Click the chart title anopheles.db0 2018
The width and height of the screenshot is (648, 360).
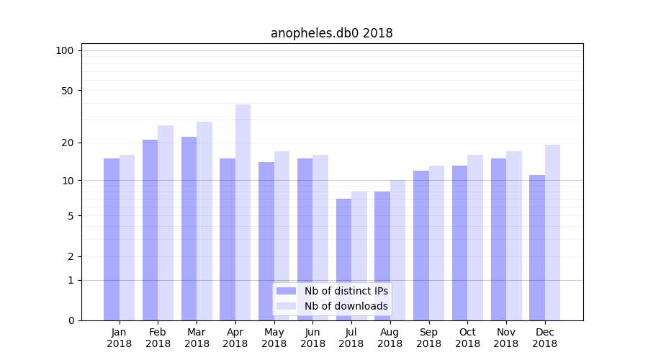tap(331, 33)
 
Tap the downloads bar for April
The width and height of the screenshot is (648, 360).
tap(243, 212)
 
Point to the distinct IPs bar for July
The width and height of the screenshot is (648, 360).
tap(343, 259)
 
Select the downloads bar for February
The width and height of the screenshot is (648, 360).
tap(166, 222)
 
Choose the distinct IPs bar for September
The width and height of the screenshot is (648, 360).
tap(421, 246)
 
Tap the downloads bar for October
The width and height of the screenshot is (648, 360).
tap(475, 238)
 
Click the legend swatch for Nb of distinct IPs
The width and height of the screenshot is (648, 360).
tap(287, 291)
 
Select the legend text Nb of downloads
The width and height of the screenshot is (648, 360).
tap(346, 306)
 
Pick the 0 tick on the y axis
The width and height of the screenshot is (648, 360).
tap(71, 320)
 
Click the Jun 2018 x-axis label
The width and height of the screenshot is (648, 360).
tap(312, 338)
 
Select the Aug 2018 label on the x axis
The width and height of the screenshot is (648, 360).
tap(390, 338)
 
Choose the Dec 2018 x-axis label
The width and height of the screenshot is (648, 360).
tap(544, 338)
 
